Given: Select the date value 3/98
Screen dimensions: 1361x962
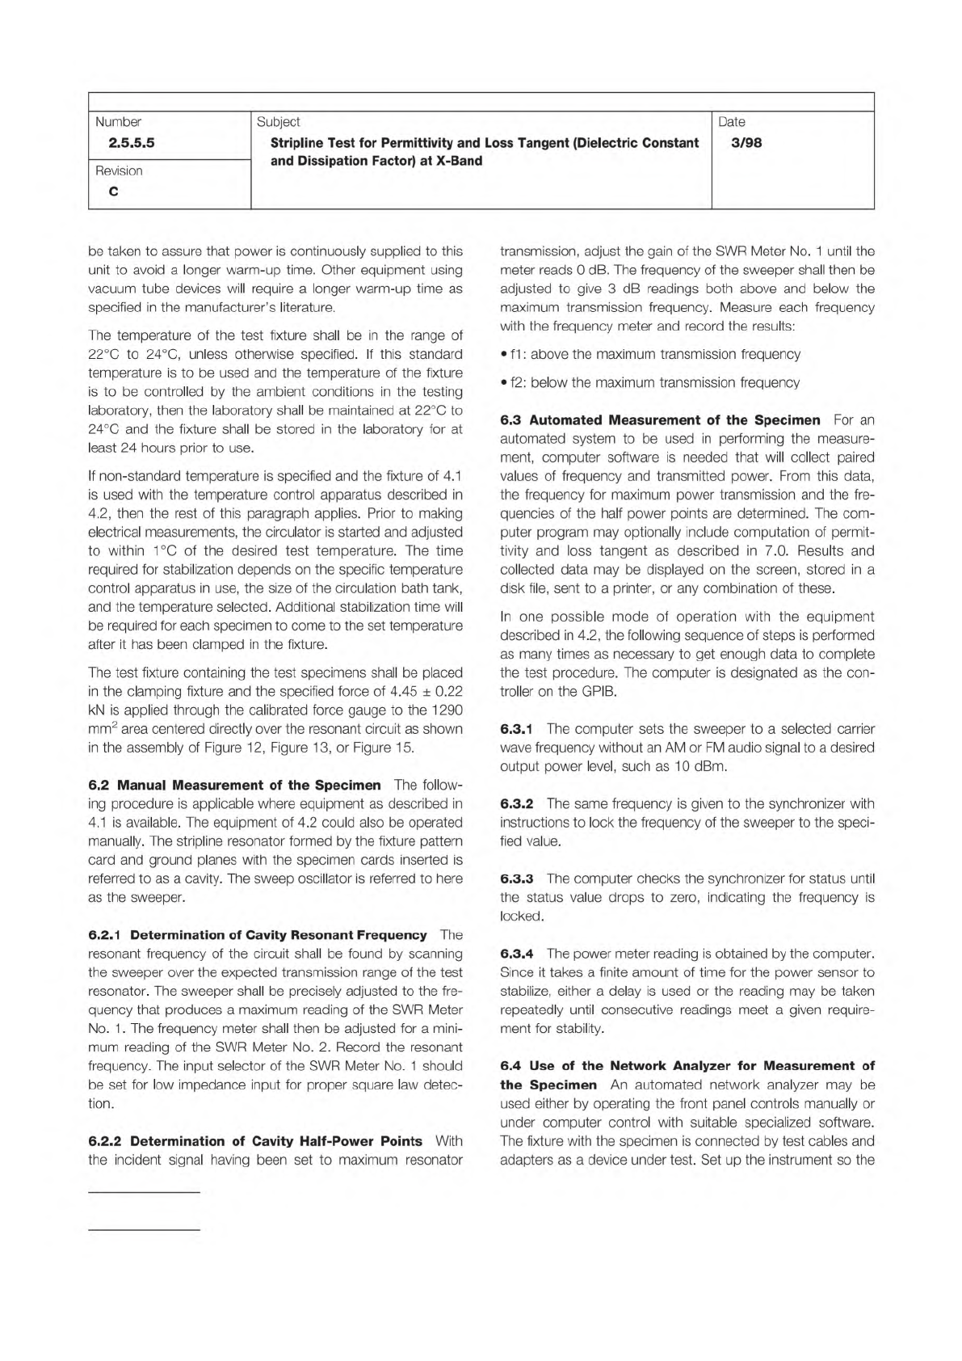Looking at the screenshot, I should coord(741,144).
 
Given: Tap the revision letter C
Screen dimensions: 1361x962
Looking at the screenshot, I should coord(113,192).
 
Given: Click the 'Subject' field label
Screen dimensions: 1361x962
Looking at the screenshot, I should coord(278,122).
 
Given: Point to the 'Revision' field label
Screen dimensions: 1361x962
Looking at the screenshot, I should coord(119,171).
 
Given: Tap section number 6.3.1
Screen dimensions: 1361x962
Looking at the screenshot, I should coord(517,729).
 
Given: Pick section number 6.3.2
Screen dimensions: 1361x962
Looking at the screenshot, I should coord(517,803).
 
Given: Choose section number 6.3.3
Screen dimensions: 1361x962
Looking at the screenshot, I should coord(517,879).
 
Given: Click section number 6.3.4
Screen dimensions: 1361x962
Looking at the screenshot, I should coord(517,954).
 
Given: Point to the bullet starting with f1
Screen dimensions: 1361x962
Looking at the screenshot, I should coord(650,354).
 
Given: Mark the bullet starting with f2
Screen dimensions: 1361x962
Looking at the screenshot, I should coord(649,382).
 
